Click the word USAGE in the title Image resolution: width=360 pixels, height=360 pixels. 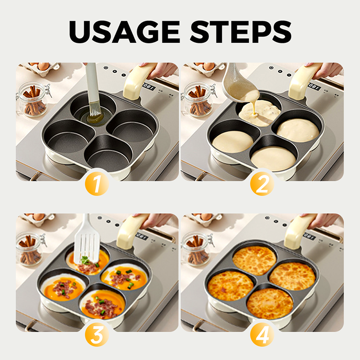point(124,31)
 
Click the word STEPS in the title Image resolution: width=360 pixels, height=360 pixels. point(241,31)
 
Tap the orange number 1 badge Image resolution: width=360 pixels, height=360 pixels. point(97,184)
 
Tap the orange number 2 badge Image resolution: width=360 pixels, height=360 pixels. point(262,184)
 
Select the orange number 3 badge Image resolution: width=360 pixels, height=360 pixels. point(97,334)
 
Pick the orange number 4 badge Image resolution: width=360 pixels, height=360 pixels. point(262,334)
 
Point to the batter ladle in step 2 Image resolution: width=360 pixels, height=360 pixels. point(239,85)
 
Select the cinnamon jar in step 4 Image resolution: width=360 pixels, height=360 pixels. point(197,249)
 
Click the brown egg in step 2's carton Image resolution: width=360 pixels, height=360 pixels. point(208,66)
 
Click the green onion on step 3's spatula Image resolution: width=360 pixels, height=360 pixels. point(85,260)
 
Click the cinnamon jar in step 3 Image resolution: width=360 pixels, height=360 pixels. point(30,249)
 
